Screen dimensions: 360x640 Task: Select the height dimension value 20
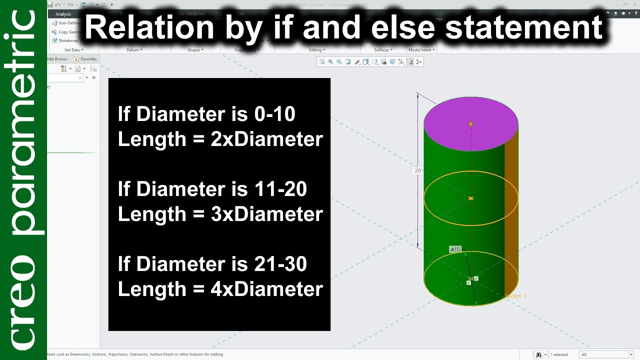(x=417, y=170)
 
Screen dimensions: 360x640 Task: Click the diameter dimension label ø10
(x=455, y=249)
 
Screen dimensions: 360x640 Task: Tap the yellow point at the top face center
(x=470, y=124)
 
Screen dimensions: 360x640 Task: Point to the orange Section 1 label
(x=515, y=296)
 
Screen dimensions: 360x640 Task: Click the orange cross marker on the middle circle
(x=470, y=198)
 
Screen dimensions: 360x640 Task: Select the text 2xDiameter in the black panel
(x=266, y=139)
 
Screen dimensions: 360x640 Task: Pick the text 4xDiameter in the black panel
(x=266, y=289)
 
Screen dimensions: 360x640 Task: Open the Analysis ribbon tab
(x=63, y=14)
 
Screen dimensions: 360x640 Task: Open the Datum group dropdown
(x=134, y=50)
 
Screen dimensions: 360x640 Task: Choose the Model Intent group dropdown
(x=421, y=50)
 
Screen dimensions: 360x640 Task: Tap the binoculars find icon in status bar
(x=538, y=354)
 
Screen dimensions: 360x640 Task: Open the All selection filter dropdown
(x=606, y=354)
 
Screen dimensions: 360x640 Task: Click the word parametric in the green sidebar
(x=23, y=122)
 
